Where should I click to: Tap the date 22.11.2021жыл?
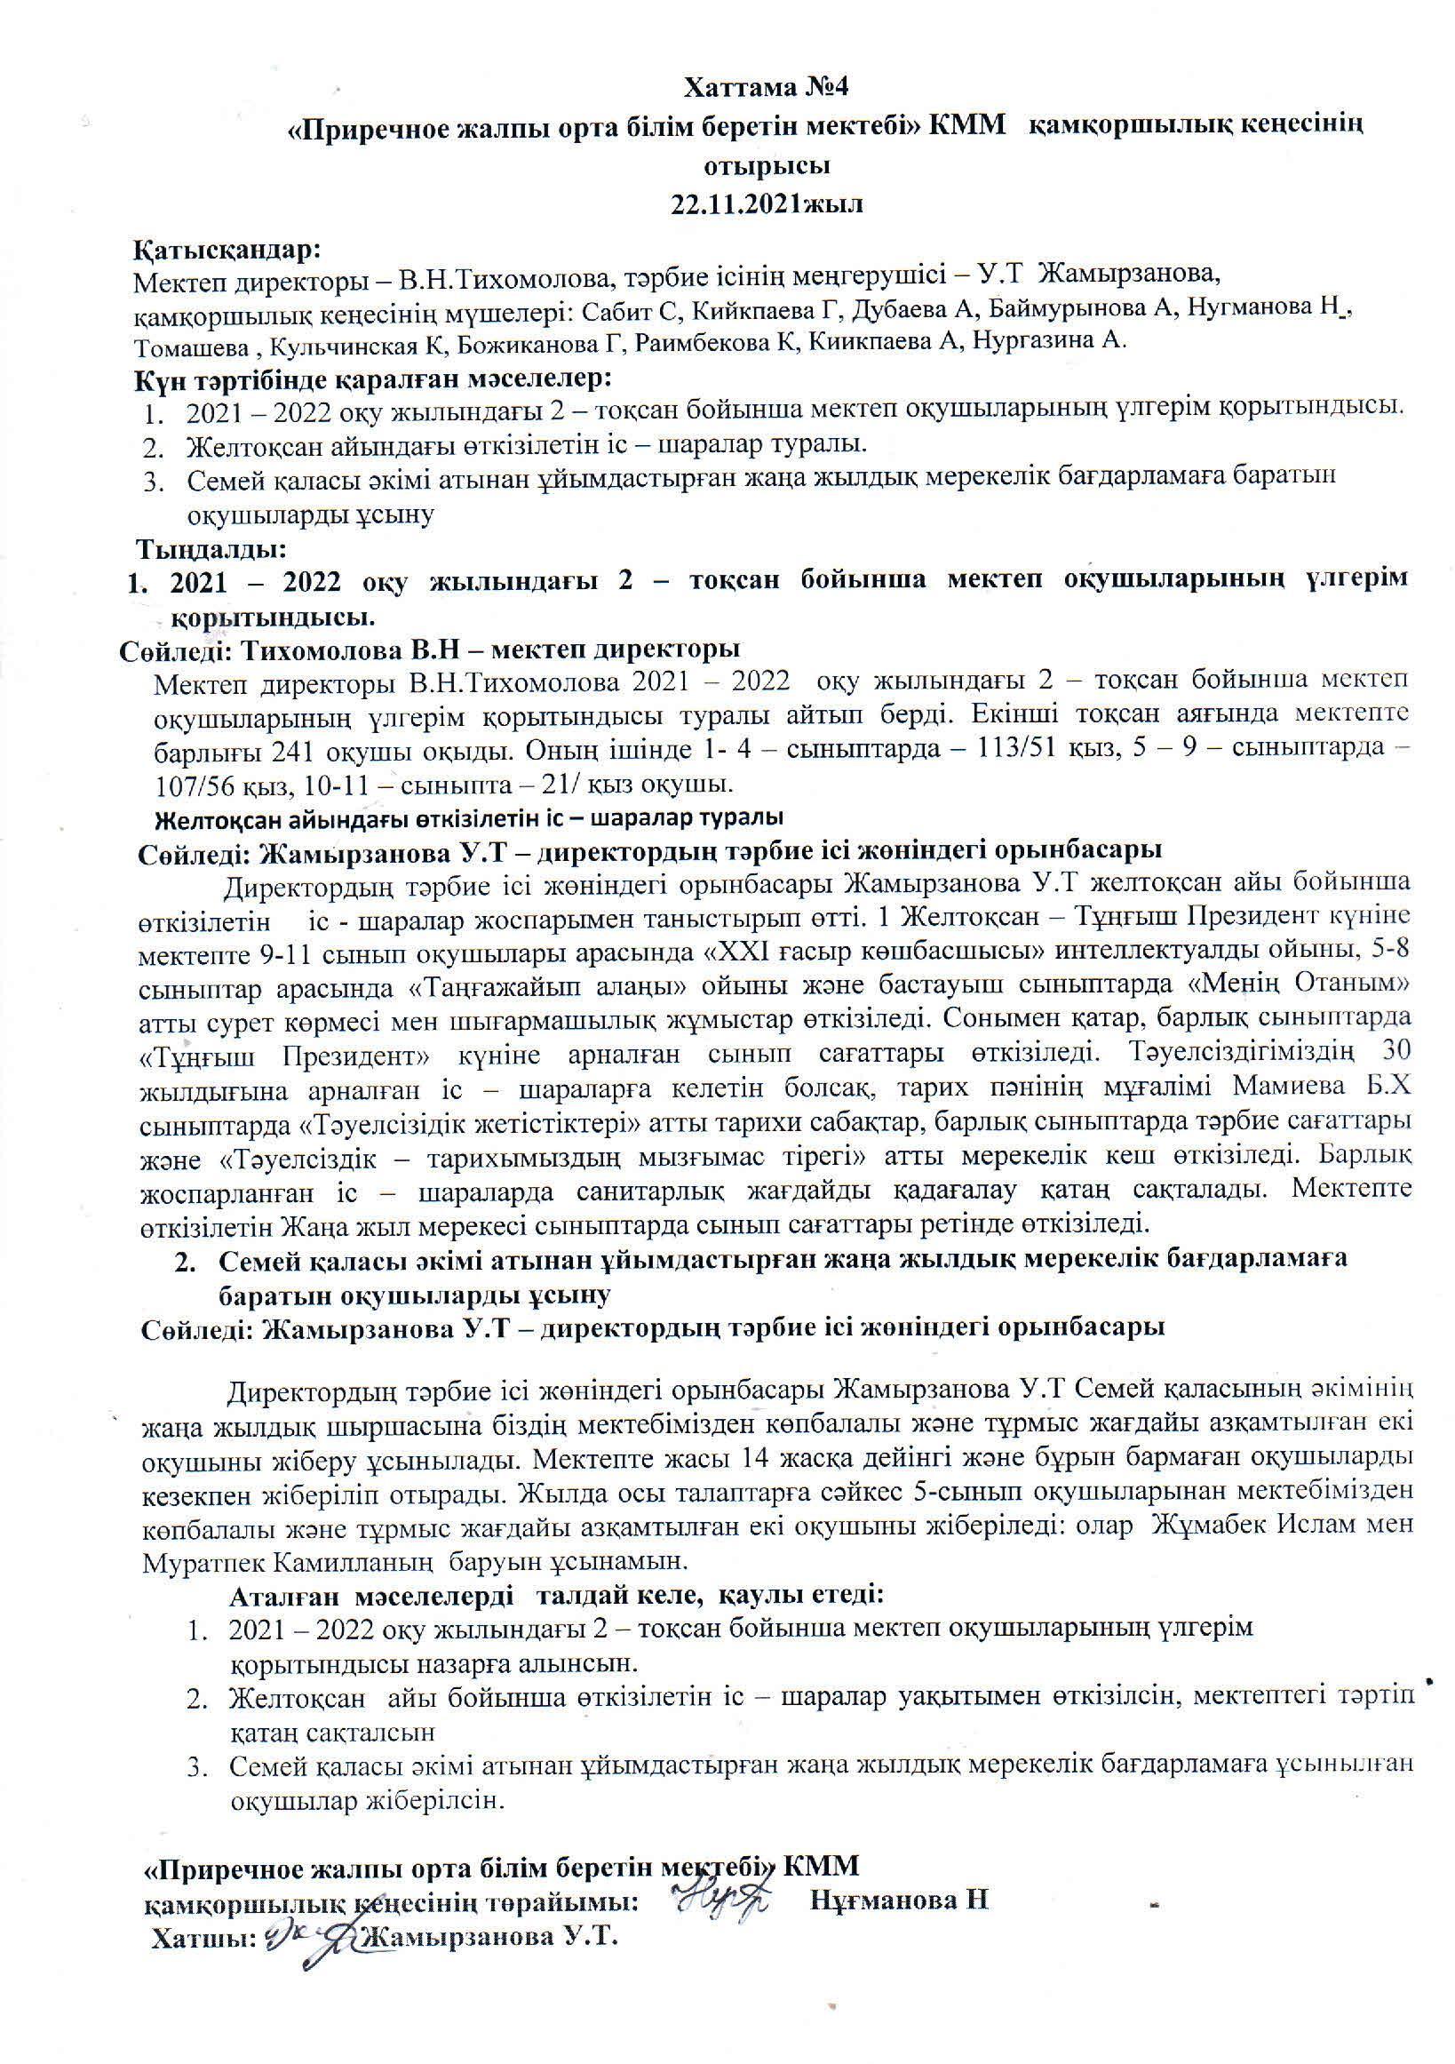tap(767, 203)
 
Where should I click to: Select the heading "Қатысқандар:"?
tap(227, 248)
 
